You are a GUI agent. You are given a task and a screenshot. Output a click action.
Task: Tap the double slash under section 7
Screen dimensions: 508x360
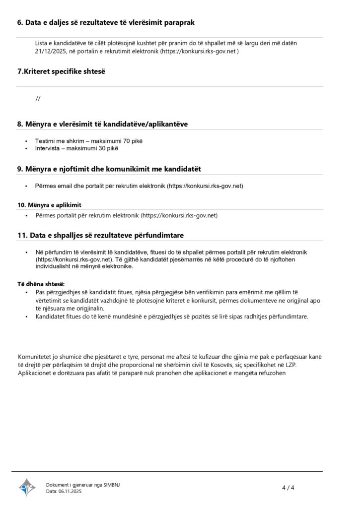[x=38, y=98]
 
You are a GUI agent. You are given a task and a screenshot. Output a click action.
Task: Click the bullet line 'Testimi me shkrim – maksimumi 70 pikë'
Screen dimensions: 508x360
[x=89, y=141]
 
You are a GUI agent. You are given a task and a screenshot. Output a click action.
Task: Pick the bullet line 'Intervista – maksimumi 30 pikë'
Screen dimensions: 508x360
[x=77, y=148]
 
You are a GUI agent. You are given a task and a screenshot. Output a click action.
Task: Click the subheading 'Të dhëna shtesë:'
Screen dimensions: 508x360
[x=41, y=283]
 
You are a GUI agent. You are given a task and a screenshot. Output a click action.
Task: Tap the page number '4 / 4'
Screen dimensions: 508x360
[x=288, y=487]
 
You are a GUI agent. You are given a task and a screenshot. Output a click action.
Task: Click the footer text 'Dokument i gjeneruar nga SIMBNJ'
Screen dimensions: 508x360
[x=83, y=484]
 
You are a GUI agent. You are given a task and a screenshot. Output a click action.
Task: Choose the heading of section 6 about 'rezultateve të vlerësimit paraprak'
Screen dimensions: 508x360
[x=106, y=22]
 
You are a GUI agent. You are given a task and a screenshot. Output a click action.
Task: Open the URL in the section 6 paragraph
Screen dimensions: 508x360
[x=200, y=51]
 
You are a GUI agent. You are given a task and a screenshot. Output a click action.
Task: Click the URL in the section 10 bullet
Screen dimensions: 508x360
[x=180, y=216]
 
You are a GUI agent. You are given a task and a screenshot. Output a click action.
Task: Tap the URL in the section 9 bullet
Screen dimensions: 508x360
[x=205, y=186]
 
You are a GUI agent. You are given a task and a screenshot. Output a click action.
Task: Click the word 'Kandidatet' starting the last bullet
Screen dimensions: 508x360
[x=53, y=316]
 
